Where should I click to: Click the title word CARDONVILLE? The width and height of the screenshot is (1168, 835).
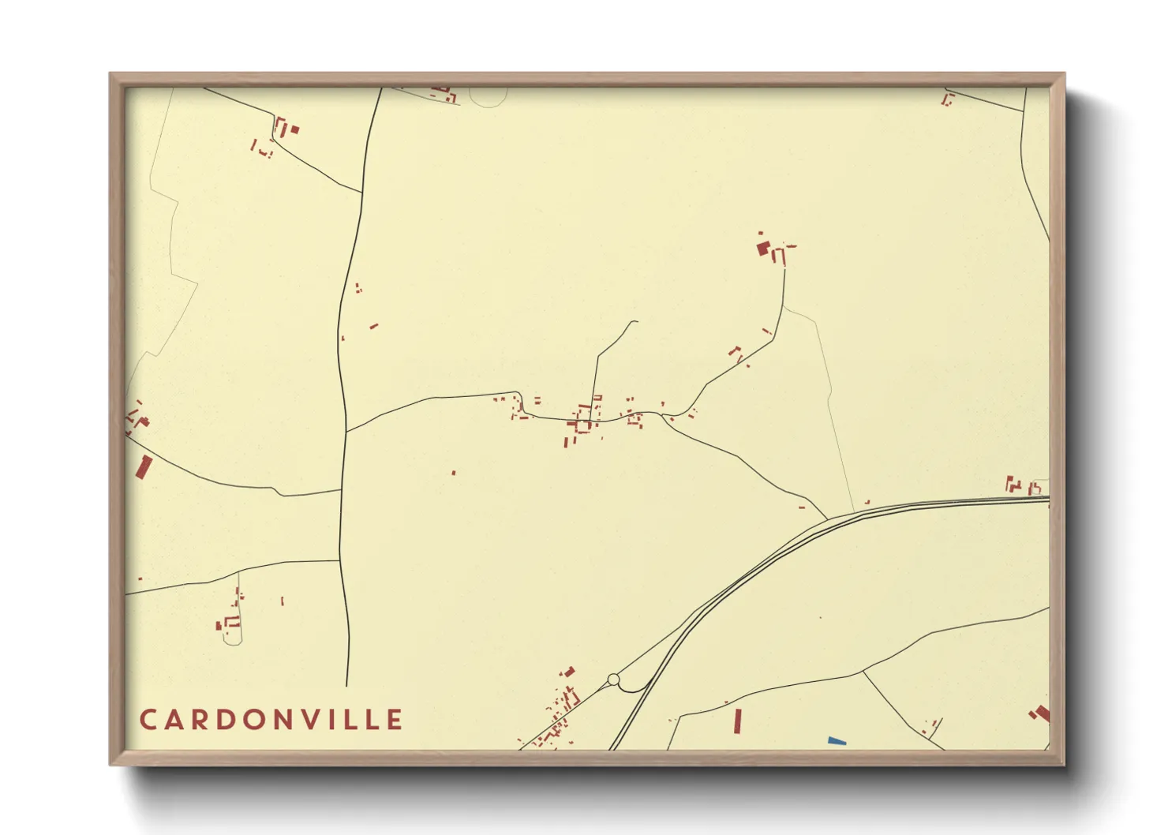tap(271, 720)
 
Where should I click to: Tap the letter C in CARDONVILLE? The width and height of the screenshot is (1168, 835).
tap(148, 720)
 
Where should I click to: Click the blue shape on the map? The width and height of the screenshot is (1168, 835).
tap(837, 740)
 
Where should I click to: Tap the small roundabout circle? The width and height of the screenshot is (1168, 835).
tap(613, 680)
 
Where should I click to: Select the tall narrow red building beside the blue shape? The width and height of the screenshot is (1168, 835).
tap(738, 721)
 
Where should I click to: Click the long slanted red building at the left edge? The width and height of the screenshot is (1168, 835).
tap(144, 467)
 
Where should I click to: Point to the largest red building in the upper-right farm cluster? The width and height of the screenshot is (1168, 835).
tap(763, 249)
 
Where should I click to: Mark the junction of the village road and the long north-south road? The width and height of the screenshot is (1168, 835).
tap(346, 431)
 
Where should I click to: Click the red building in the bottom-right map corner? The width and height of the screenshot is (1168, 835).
tap(1041, 714)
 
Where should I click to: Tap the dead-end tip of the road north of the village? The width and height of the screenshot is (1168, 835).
tap(636, 321)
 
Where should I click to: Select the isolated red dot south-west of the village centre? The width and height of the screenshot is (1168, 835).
tap(453, 473)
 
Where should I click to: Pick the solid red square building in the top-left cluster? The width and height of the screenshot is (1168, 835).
tap(294, 129)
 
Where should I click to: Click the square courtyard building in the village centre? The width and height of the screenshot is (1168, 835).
tap(582, 425)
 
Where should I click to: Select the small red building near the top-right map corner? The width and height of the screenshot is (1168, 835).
tap(948, 99)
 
